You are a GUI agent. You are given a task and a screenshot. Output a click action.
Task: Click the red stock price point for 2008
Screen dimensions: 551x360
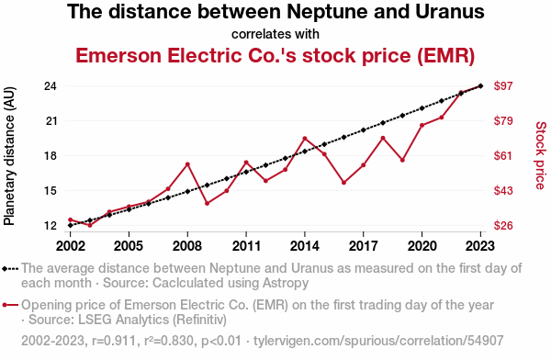[187, 164]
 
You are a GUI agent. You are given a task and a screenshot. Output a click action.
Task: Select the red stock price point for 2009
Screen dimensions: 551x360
[208, 203]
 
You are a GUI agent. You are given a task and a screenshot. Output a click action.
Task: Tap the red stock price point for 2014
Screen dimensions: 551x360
[305, 139]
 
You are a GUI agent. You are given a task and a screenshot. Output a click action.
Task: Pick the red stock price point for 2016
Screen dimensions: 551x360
[344, 183]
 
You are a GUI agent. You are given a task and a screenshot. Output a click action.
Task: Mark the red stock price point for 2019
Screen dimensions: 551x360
[403, 160]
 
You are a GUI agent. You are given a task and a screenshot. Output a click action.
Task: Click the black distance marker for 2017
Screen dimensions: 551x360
[364, 130]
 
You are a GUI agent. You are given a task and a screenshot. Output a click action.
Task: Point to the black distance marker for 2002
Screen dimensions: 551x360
[71, 225]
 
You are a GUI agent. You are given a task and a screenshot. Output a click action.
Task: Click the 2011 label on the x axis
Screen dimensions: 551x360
[246, 246]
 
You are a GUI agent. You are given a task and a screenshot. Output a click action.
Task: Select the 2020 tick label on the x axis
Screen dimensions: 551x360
[422, 246]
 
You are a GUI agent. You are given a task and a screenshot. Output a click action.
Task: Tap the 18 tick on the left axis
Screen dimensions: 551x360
[51, 156]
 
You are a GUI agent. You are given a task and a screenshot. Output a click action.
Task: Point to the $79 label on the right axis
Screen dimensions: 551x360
[503, 121]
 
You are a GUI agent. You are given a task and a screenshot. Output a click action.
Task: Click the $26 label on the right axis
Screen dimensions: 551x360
[503, 225]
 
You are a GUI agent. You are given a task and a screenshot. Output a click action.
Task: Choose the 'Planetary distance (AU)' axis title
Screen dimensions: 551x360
[9, 156]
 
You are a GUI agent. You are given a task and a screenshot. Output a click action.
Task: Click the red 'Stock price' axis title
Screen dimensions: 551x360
[541, 156]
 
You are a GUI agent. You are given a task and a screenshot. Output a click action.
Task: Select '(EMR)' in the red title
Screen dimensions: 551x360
[446, 55]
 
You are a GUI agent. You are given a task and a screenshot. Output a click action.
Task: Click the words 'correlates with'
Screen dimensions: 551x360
[275, 34]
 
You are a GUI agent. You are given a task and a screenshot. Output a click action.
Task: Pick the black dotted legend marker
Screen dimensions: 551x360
[10, 269]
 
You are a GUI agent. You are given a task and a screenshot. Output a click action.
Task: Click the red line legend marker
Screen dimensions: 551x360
[10, 305]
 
